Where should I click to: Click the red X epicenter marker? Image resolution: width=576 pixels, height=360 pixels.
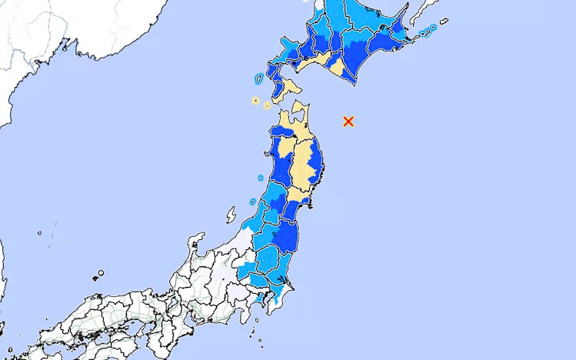[348, 121]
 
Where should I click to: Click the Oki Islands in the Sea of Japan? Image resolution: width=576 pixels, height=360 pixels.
[99, 273]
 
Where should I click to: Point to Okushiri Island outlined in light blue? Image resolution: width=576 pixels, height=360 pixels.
[257, 78]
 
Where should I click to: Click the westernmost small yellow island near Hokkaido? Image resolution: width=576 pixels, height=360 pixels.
[255, 100]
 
